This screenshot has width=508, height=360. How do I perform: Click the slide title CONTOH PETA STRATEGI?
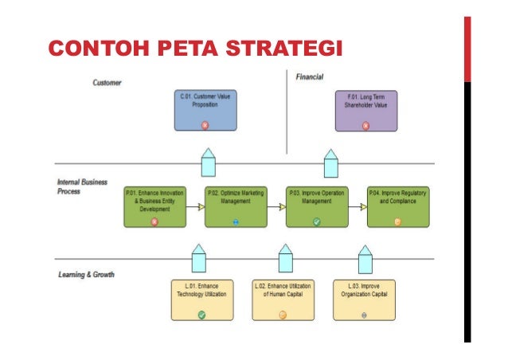pyautogui.click(x=195, y=49)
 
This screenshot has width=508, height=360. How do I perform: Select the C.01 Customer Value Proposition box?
pyautogui.click(x=205, y=110)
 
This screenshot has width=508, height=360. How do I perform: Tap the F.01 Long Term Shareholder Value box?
pyautogui.click(x=365, y=110)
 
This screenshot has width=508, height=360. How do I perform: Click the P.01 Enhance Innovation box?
pyautogui.click(x=154, y=206)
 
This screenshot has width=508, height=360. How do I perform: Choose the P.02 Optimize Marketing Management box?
pyautogui.click(x=236, y=206)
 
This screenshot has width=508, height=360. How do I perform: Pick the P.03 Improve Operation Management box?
pyautogui.click(x=317, y=206)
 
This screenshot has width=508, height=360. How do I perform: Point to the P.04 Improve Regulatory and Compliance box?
pyautogui.click(x=398, y=206)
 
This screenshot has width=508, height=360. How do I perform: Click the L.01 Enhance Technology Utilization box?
pyautogui.click(x=202, y=299)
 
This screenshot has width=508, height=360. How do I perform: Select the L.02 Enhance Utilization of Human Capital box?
pyautogui.click(x=283, y=299)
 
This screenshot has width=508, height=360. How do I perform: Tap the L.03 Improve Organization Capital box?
pyautogui.click(x=364, y=299)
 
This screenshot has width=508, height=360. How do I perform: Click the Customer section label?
pyautogui.click(x=107, y=84)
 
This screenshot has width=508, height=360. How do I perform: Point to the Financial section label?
pyautogui.click(x=309, y=77)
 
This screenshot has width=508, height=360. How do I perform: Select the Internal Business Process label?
pyautogui.click(x=81, y=186)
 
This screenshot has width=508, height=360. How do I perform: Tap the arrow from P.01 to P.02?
pyautogui.click(x=195, y=207)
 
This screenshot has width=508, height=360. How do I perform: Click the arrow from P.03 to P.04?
pyautogui.click(x=358, y=207)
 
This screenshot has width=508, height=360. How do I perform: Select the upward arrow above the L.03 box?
pyautogui.click(x=365, y=260)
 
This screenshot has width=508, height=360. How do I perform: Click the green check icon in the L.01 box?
pyautogui.click(x=202, y=315)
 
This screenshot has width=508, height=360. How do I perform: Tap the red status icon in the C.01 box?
pyautogui.click(x=205, y=124)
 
